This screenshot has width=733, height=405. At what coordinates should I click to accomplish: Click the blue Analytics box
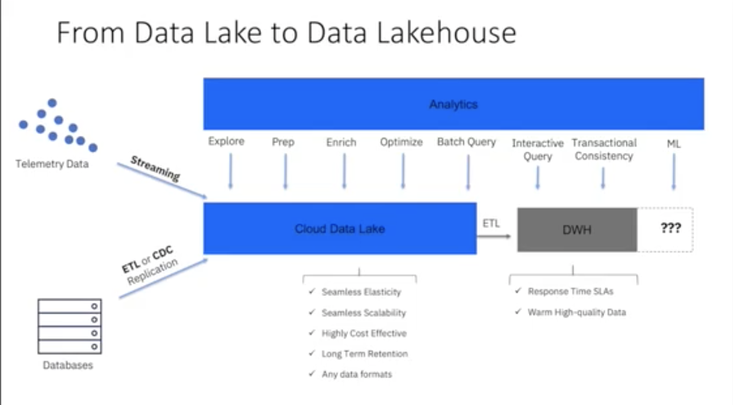[453, 104]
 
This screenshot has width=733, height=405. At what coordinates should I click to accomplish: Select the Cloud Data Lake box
[340, 229]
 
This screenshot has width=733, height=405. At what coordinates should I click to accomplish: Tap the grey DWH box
[577, 230]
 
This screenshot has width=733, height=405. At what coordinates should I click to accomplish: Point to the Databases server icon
[70, 326]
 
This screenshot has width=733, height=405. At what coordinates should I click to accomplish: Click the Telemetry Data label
[52, 164]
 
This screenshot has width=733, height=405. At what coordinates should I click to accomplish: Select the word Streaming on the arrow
[155, 169]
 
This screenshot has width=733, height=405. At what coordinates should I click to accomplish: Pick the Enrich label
[341, 143]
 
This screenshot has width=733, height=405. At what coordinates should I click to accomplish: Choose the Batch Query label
[466, 143]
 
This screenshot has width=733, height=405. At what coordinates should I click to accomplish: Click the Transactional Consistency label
[604, 149]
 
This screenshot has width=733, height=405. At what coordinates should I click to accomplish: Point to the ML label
[673, 144]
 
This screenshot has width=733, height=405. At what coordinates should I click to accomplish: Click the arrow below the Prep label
[285, 171]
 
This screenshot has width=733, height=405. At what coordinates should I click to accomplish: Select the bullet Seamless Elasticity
[361, 292]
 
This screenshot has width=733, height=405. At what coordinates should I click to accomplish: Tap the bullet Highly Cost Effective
[364, 333]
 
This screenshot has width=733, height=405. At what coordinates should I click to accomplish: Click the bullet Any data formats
[357, 374]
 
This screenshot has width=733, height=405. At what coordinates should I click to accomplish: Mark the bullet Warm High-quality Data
[576, 312]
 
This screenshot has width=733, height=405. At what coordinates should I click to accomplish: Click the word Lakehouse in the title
[434, 33]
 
